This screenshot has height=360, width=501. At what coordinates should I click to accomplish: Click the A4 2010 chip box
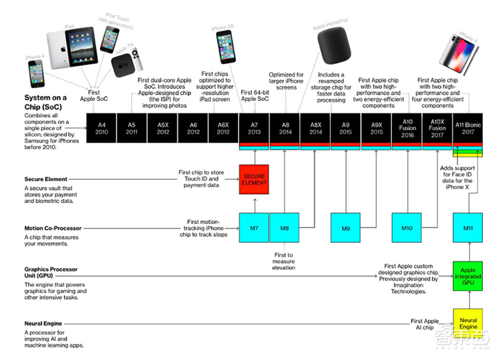click(102, 129)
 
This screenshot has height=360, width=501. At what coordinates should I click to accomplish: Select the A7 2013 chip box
click(254, 129)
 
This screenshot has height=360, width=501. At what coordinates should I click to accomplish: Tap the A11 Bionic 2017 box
click(468, 129)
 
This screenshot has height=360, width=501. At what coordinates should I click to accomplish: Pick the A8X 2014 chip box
click(315, 129)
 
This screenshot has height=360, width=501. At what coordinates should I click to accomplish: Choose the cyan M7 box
click(254, 228)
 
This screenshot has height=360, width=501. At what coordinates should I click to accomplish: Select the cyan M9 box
click(346, 228)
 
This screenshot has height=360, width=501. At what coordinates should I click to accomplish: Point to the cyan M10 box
click(406, 228)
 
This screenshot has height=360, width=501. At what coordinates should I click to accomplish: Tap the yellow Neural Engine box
click(468, 323)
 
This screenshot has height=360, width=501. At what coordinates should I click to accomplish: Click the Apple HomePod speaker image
click(330, 44)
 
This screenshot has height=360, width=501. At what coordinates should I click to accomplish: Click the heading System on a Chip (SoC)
click(46, 102)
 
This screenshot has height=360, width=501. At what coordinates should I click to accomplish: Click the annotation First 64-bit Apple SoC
click(254, 95)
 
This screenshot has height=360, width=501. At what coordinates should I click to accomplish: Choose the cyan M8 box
click(284, 228)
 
